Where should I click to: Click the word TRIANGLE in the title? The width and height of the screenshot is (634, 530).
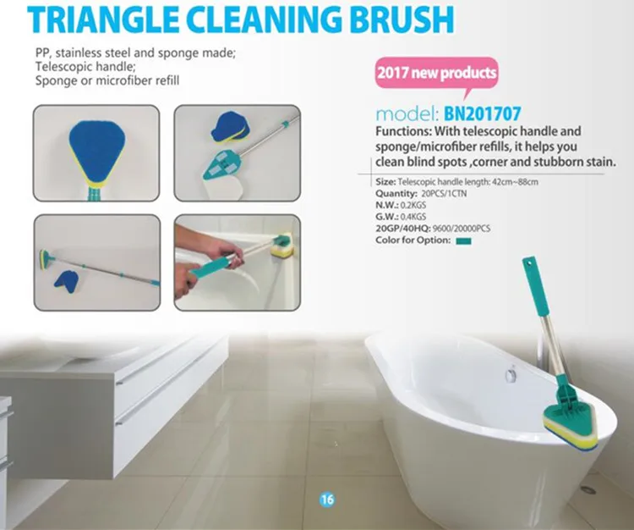103,19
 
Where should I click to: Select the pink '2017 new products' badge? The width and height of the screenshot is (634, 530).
437,74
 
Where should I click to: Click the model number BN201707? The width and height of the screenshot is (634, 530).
482,113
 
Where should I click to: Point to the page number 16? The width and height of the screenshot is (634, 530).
326,500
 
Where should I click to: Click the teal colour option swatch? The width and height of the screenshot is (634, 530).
463,241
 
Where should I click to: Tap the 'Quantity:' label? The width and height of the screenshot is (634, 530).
396,193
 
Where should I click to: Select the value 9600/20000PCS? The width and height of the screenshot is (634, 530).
461,229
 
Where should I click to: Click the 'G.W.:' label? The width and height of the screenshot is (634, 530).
386,217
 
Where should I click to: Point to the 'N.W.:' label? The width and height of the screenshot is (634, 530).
386,205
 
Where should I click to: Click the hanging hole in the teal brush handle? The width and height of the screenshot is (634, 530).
527,264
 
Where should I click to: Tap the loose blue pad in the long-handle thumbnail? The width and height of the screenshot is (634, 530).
66,279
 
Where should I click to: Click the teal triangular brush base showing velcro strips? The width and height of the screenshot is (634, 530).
221,166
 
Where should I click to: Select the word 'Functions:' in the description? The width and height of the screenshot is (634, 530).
403,131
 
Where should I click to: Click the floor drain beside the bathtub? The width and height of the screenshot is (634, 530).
588,489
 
